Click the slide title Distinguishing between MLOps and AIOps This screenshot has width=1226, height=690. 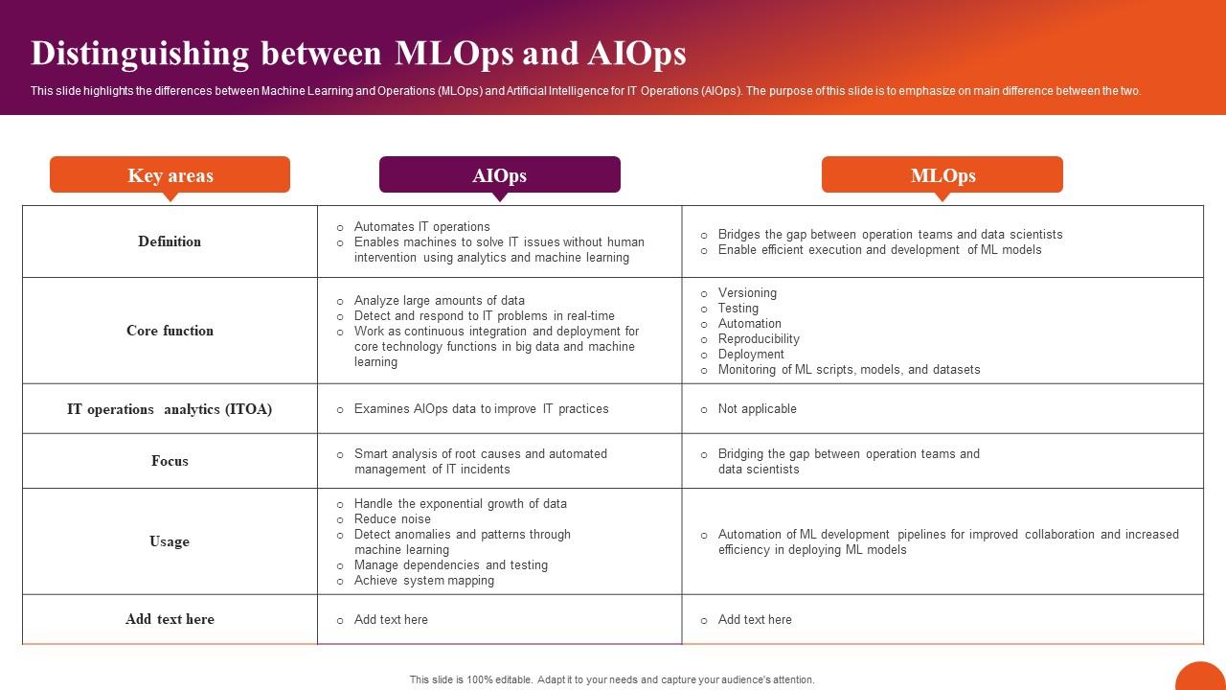358,54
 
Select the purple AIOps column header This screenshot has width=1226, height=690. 499,175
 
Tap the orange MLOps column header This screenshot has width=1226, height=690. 942,175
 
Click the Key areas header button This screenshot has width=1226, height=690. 170,175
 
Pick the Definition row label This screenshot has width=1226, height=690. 170,241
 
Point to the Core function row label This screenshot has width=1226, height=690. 170,331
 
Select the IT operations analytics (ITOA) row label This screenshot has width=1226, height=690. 170,409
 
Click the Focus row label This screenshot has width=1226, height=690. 170,461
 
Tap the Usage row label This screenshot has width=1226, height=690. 170,541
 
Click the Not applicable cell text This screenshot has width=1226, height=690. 757,409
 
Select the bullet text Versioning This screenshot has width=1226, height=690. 747,293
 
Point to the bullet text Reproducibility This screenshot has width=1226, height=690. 759,339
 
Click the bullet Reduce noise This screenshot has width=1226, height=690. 393,519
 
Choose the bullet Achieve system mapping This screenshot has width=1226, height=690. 424,581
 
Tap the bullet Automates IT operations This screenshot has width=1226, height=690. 421,227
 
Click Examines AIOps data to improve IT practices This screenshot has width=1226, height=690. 481,409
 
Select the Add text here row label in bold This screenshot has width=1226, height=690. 170,619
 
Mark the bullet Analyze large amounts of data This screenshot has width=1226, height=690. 439,301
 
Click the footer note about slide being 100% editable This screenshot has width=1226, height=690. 612,679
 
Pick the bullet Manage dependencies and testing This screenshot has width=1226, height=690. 451,565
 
